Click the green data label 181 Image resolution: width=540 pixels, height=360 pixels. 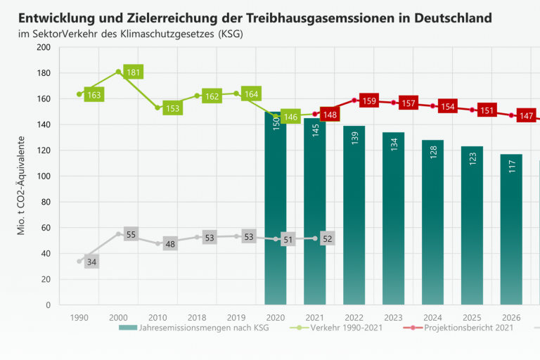pos(134,72)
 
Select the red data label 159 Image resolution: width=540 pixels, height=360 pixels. pos(369,101)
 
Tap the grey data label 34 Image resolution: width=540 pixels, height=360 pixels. pos(92,262)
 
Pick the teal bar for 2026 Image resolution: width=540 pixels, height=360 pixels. pos(511,232)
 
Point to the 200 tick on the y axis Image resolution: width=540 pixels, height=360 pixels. pos(44,47)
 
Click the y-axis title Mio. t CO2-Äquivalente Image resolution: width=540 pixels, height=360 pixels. pos(22,176)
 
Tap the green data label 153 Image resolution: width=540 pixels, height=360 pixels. pos(173,108)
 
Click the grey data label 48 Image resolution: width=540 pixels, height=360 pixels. pos(170,244)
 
